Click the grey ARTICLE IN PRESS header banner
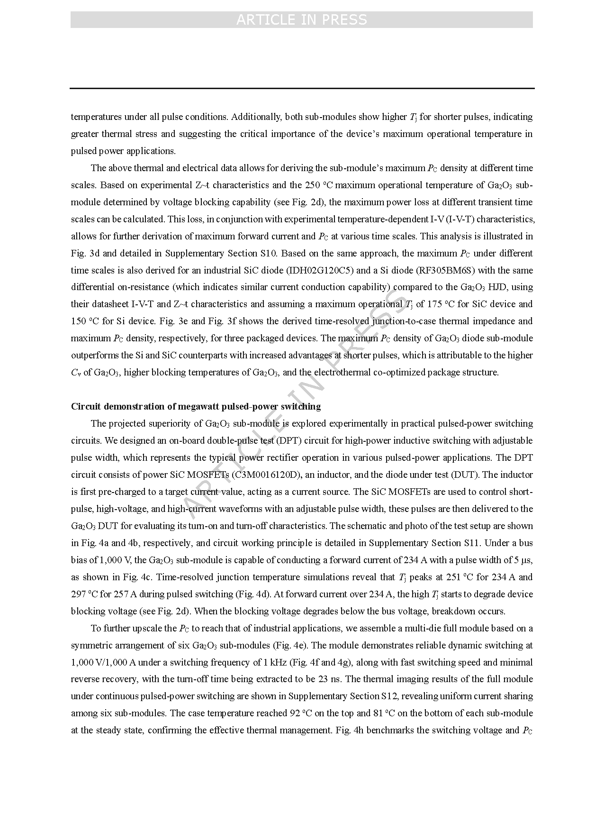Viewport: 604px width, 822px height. tap(301, 19)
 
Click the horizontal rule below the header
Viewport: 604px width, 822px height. tap(302, 88)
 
